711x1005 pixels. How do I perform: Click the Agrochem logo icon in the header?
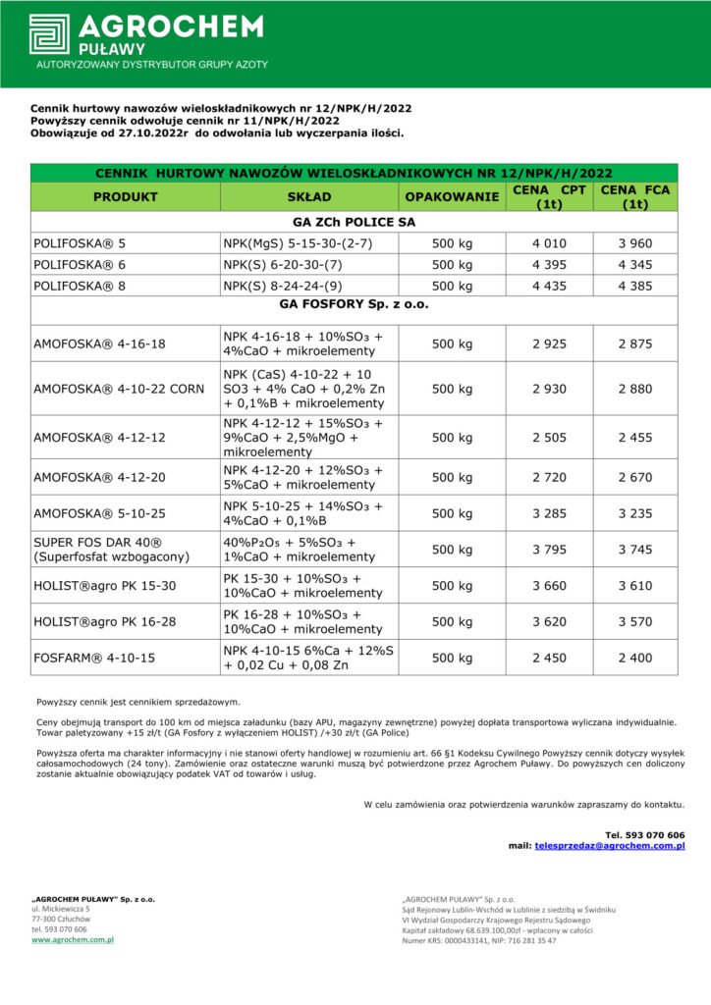pos(49,34)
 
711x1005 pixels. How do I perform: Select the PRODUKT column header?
pos(125,196)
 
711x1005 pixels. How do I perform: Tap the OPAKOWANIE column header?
pos(452,196)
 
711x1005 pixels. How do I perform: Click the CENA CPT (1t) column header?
pos(549,196)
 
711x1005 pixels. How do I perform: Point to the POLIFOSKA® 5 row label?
pos(80,241)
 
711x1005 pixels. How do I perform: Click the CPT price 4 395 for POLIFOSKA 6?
pos(549,264)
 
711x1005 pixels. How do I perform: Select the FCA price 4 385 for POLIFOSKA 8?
pos(635,286)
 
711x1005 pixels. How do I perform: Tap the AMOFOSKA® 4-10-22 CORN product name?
pos(119,389)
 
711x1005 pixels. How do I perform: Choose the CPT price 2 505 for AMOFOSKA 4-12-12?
pos(549,438)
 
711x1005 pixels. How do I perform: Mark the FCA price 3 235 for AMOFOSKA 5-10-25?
pos(635,513)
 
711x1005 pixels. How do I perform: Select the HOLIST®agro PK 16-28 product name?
pos(105,621)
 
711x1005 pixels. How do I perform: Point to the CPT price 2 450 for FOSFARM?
pos(549,658)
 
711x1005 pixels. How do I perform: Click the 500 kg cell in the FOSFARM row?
pos(452,658)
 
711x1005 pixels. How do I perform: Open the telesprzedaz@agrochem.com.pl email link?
pos(609,845)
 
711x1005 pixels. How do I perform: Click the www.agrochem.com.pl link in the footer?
pos(72,940)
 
